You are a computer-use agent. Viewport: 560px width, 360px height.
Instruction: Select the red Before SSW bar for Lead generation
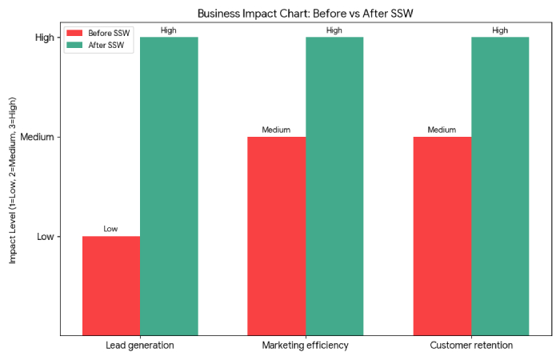coord(111,286)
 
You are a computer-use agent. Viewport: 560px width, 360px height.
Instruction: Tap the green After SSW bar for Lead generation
coord(169,186)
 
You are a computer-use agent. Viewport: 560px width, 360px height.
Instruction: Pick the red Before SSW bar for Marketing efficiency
coord(277,236)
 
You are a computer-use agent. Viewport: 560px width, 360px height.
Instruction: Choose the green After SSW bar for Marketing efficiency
coord(334,186)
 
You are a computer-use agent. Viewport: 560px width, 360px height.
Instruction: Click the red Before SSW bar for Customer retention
coord(442,236)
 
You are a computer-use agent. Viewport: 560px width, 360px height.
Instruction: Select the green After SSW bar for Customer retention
coord(500,186)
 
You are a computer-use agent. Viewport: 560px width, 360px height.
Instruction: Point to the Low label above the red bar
coord(111,229)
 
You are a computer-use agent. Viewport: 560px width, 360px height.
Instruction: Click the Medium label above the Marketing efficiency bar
coord(277,130)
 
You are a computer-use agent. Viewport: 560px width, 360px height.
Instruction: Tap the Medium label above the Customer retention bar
coord(442,130)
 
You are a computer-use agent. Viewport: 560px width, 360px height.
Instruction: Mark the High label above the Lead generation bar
coord(169,30)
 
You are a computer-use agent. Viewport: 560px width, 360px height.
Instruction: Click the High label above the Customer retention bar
coord(500,30)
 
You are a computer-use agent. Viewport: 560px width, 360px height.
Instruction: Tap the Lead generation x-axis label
coord(140,346)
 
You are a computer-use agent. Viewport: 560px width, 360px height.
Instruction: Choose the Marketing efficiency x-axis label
coord(306,346)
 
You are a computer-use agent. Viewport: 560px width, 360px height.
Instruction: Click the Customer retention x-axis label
coord(471,346)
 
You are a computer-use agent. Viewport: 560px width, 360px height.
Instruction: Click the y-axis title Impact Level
coord(13,181)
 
